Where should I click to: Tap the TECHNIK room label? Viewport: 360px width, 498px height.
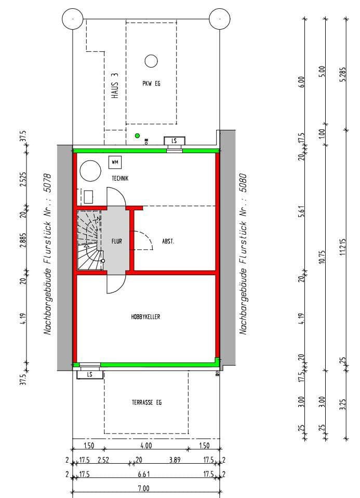coord(120,178)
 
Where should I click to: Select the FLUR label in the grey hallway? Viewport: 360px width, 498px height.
coord(116,241)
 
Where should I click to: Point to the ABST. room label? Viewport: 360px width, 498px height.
coord(167,241)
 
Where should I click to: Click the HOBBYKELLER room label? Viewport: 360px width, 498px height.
coord(145,316)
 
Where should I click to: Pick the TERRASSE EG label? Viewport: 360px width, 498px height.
coord(146,402)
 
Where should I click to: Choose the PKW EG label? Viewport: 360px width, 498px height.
coord(151,84)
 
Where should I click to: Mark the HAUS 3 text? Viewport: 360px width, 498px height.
coord(115,86)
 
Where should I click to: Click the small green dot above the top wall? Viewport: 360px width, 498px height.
coord(137,136)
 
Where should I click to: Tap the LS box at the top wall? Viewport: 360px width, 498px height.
coord(174,141)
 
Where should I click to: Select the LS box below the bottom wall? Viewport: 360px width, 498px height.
coord(89,374)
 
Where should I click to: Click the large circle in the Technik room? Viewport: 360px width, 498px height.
coord(89,170)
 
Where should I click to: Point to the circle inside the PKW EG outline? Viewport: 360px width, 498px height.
coord(151,61)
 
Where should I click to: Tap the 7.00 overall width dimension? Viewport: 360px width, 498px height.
coord(143,489)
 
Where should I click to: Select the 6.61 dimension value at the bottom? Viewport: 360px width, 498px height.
coord(143,475)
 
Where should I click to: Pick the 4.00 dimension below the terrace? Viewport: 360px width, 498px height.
coord(146,446)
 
